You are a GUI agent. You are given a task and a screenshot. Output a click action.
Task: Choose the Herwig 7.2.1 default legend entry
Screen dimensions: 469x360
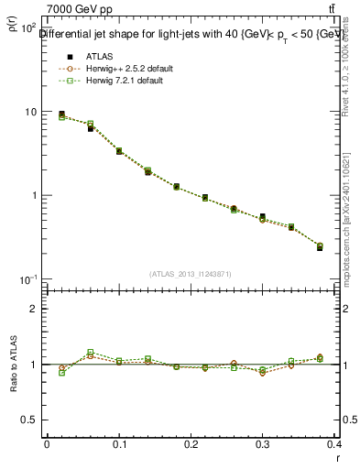point(125,81)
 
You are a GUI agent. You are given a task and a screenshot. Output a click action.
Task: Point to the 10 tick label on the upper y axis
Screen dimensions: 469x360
point(29,112)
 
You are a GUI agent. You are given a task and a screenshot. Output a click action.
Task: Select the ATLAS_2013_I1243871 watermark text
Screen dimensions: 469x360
point(190,273)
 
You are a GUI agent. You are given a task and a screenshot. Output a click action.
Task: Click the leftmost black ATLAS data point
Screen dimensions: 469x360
point(61,115)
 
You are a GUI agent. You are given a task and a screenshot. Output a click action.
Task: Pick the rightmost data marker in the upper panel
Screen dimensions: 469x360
point(320,246)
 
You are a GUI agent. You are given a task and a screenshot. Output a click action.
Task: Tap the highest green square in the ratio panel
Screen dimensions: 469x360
point(90,352)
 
